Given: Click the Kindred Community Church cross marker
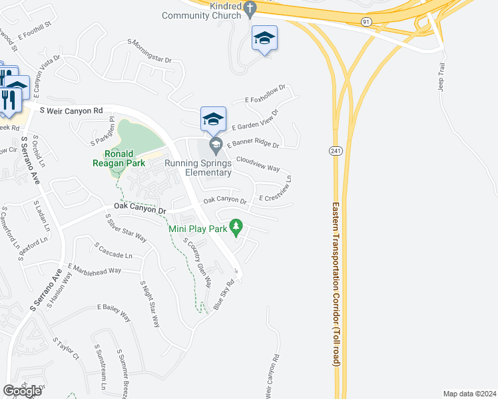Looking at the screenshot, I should click(x=250, y=9).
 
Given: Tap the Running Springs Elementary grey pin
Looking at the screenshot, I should click(x=214, y=144).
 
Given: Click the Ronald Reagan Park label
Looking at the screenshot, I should click(x=119, y=158).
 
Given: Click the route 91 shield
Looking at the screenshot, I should click(x=367, y=22).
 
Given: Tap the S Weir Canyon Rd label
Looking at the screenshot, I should click(x=71, y=110).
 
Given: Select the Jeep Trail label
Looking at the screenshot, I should click(x=441, y=77).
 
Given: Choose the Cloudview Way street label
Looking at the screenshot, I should click(x=258, y=164).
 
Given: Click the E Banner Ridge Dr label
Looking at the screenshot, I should click(x=253, y=144).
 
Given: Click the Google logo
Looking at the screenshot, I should click(x=22, y=391).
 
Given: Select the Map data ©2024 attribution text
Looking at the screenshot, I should click(x=469, y=394).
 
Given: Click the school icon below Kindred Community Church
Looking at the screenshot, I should click(x=264, y=39).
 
